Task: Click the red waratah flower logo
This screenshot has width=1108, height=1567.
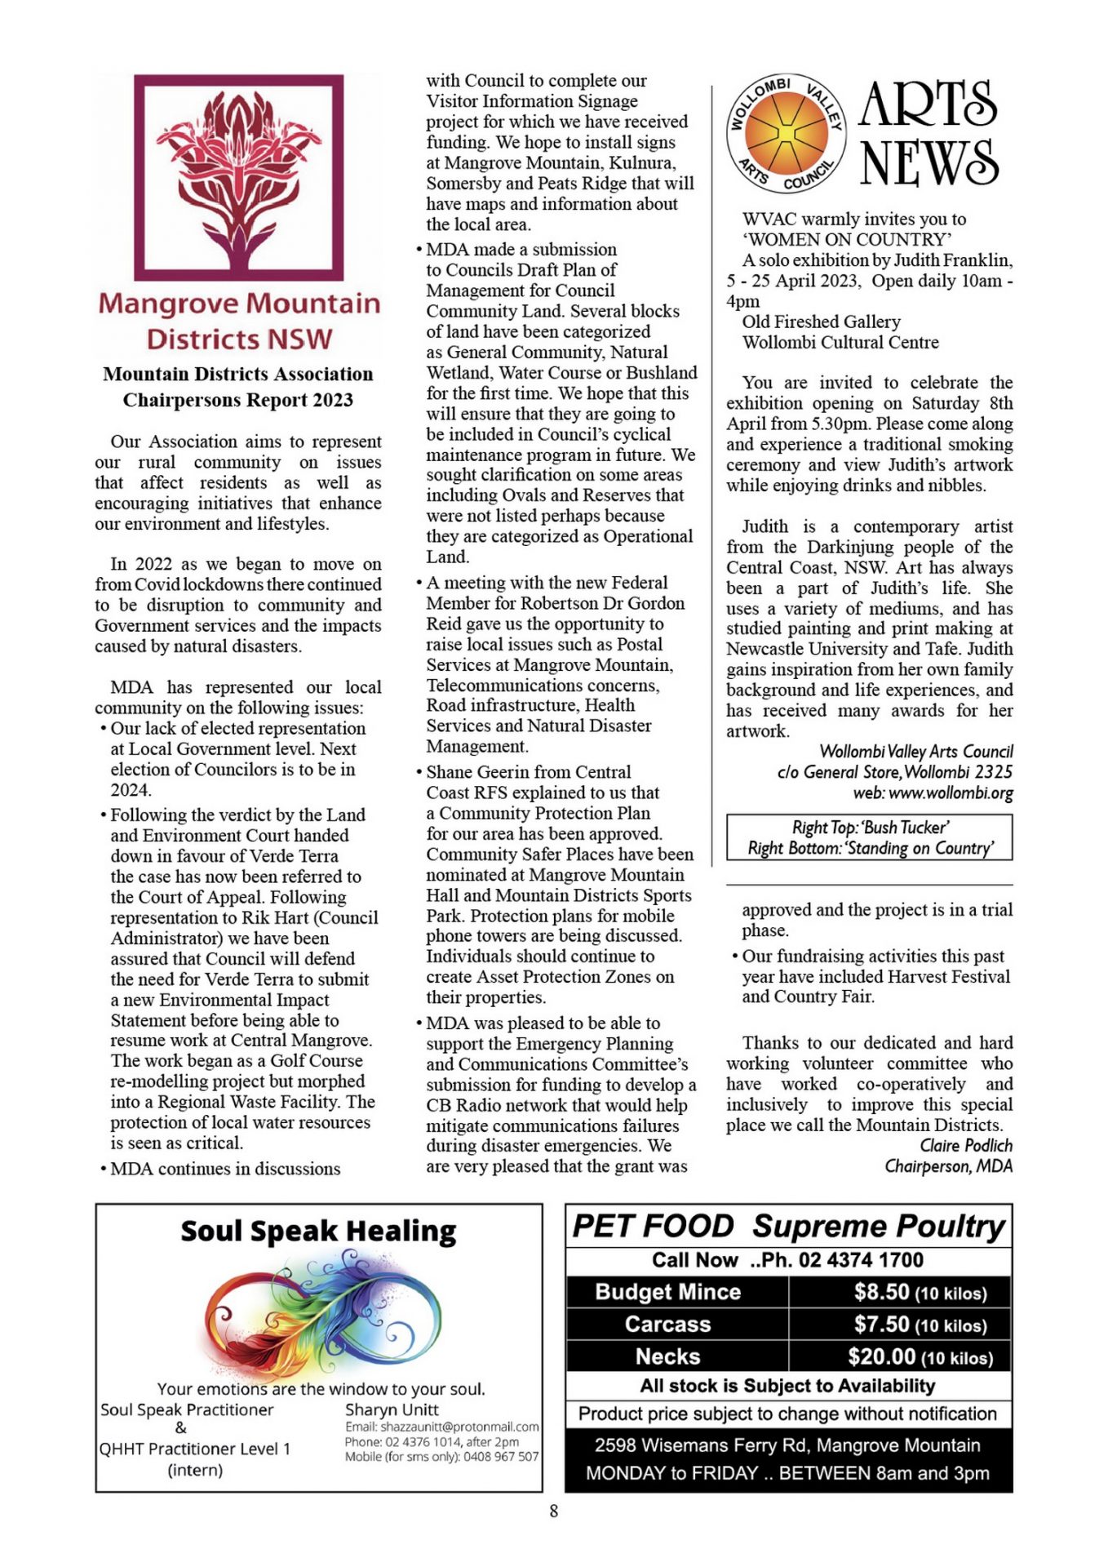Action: pyautogui.click(x=238, y=178)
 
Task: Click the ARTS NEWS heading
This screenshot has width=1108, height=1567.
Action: pyautogui.click(x=929, y=133)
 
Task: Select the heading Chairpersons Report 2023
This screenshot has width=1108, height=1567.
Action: pyautogui.click(x=237, y=400)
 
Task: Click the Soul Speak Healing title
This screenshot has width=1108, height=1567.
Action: pyautogui.click(x=318, y=1231)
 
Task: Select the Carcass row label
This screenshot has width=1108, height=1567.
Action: pyautogui.click(x=667, y=1324)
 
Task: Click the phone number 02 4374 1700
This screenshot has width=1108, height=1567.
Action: pyautogui.click(x=861, y=1260)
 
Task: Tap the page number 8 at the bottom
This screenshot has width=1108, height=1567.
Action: pyautogui.click(x=553, y=1512)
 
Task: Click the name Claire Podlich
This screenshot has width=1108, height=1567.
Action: pyautogui.click(x=966, y=1145)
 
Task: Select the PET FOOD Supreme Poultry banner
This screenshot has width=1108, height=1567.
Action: pyautogui.click(x=788, y=1227)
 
